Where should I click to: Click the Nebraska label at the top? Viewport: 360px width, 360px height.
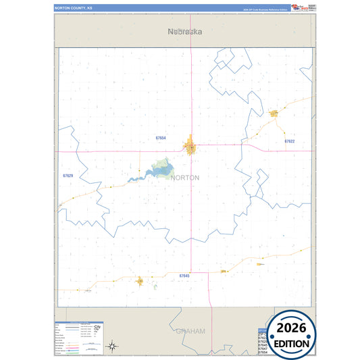click(x=185, y=31)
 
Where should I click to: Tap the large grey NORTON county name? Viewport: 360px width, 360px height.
click(x=185, y=178)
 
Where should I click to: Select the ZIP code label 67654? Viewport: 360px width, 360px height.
click(x=161, y=138)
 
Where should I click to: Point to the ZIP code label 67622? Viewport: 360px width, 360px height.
click(x=289, y=141)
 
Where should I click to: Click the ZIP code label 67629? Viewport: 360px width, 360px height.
click(x=68, y=176)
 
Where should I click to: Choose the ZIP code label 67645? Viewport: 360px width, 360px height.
click(x=184, y=276)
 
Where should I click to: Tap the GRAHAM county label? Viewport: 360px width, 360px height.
click(x=190, y=331)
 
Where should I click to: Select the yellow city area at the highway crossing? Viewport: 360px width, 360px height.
click(x=191, y=145)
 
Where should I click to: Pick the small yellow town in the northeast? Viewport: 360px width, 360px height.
click(x=274, y=113)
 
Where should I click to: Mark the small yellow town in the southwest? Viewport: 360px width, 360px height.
click(x=140, y=281)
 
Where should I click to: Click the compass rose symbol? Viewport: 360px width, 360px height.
click(x=113, y=346)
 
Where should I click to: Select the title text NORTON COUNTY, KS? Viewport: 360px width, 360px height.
click(x=76, y=8)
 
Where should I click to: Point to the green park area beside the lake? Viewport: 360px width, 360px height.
click(x=162, y=164)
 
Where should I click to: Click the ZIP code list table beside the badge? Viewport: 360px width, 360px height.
click(x=263, y=341)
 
